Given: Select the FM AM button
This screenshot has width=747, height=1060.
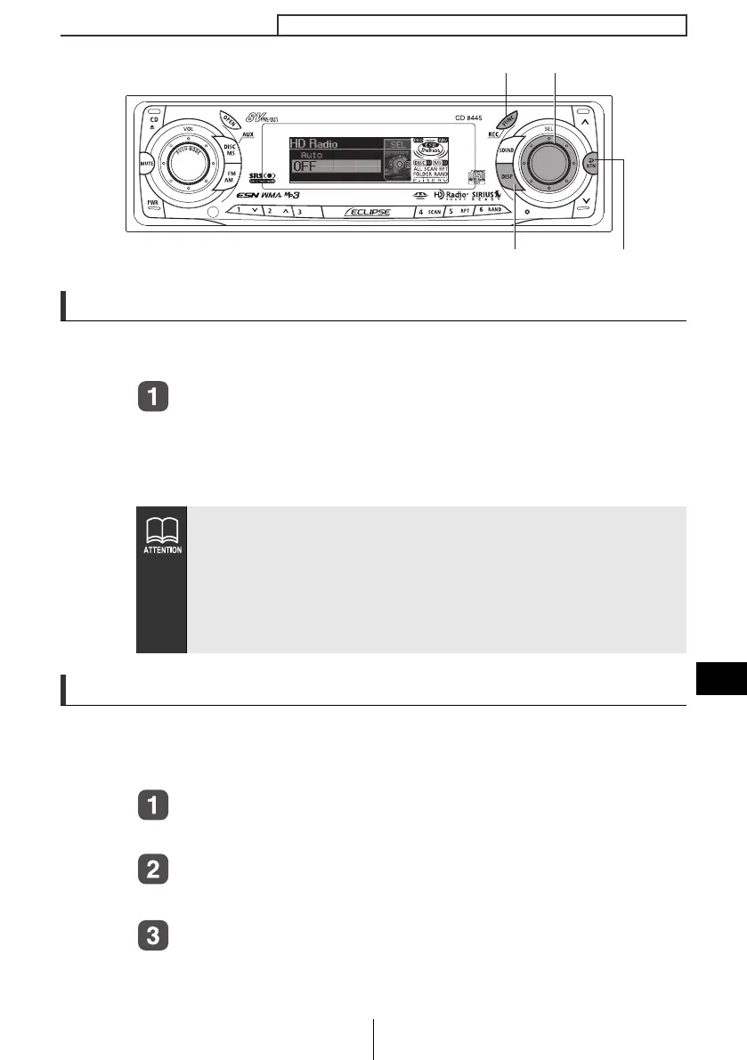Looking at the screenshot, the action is coord(229,178).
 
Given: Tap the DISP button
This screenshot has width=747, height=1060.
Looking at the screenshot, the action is coord(507,178).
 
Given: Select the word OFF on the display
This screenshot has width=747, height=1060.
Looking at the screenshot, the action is coord(306,166).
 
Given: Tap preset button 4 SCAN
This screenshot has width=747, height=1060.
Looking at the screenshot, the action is coord(430,212).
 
